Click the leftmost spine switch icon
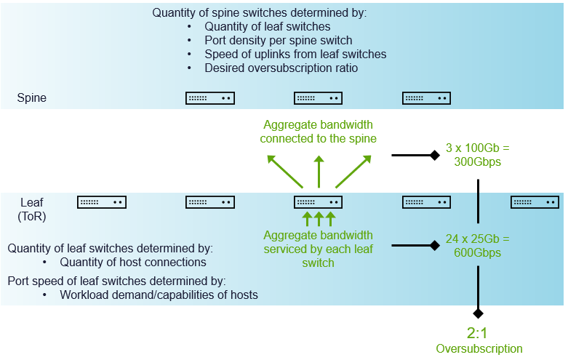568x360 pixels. (x=210, y=97)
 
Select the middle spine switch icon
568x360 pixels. (x=319, y=97)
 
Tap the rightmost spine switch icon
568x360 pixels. (x=427, y=97)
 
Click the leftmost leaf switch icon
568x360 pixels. (x=102, y=201)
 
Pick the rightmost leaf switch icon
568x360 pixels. (x=535, y=201)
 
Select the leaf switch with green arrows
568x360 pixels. (x=319, y=201)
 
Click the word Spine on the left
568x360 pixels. (x=32, y=97)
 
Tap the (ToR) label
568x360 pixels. (x=32, y=217)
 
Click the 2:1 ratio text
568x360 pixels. (x=479, y=334)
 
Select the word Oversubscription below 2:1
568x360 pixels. (x=479, y=349)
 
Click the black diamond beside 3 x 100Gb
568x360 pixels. (x=434, y=155)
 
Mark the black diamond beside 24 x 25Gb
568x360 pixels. (x=434, y=246)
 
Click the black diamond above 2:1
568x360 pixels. (x=478, y=313)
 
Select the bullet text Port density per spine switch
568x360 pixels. (x=279, y=41)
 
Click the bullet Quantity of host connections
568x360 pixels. (x=133, y=262)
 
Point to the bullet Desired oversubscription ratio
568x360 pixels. (x=281, y=68)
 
